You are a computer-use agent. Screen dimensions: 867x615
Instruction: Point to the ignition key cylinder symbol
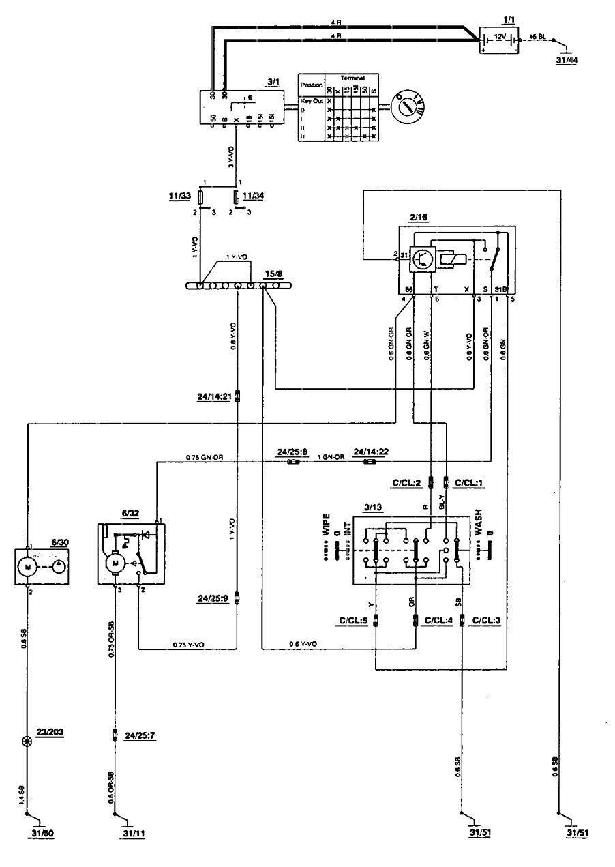[407, 107]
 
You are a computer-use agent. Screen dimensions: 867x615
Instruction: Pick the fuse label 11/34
[254, 197]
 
